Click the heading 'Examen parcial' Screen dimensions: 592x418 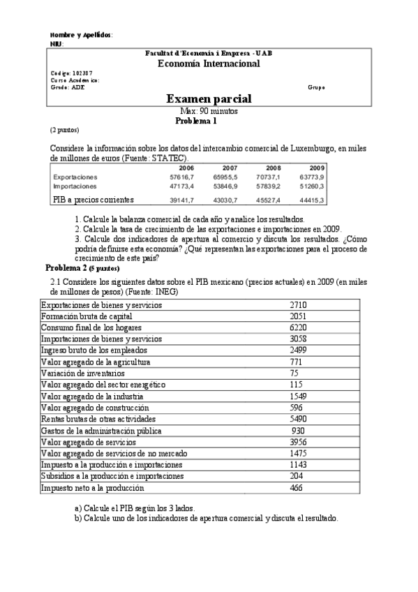209,100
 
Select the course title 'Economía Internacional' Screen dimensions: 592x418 209,64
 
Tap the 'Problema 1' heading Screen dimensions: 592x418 196,121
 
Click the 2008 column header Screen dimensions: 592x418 272,168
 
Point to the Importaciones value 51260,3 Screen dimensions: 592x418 313,187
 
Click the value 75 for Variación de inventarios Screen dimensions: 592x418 294,373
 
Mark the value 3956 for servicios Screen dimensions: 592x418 298,441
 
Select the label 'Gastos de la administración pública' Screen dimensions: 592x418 96,430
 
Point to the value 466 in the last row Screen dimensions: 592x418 297,487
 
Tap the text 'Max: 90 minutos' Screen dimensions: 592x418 209,111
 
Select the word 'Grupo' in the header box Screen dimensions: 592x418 316,87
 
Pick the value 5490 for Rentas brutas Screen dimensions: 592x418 298,419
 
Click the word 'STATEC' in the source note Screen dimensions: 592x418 171,158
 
